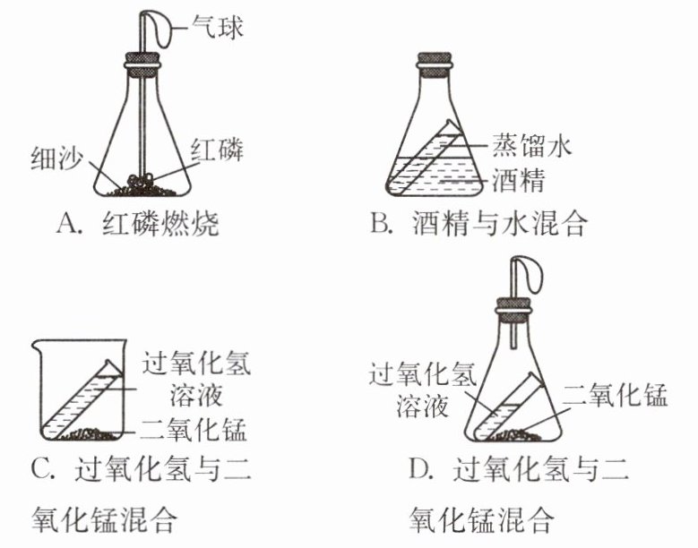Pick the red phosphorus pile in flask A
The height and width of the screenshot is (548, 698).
coord(140,182)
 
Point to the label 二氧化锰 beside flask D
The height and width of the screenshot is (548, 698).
coord(615,395)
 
